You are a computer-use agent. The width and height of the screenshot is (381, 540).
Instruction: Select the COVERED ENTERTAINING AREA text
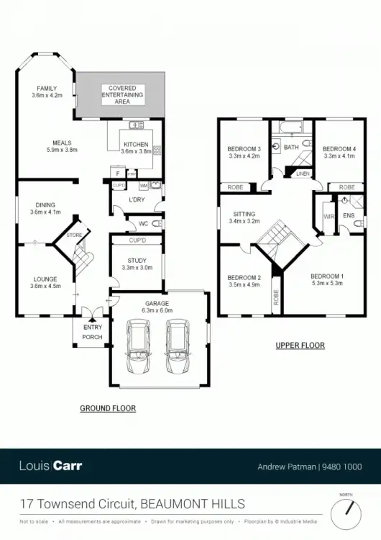pos(121,94)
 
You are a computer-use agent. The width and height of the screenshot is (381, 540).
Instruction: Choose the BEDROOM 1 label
pos(326,276)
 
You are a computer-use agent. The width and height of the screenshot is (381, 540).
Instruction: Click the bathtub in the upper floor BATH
pos(291,129)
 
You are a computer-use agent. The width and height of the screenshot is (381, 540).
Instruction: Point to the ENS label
pos(349,215)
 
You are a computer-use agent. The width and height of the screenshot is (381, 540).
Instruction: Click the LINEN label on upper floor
pos(302,174)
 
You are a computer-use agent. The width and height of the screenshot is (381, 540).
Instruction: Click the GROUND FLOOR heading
pos(108,408)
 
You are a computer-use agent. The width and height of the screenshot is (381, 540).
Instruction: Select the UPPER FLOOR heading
pos(300,346)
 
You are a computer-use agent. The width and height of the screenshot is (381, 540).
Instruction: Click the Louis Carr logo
pos(51,465)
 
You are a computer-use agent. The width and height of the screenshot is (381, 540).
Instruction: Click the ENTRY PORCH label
pos(91,331)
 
